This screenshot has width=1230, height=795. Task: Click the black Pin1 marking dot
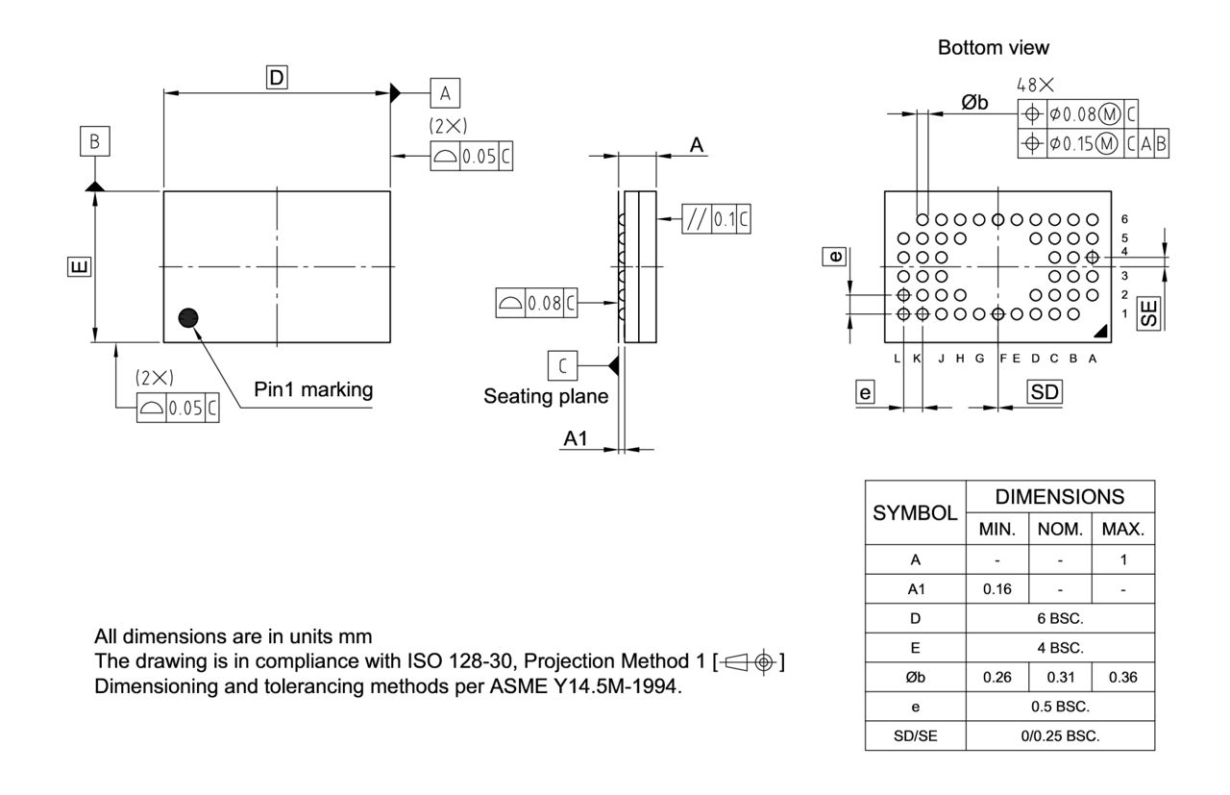[188, 317]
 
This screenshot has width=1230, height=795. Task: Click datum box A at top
[444, 93]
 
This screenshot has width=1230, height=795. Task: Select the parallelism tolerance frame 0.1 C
[716, 220]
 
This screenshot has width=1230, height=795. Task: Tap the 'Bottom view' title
[994, 47]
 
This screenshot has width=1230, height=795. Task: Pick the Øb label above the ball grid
[974, 103]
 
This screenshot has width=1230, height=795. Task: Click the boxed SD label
[1044, 391]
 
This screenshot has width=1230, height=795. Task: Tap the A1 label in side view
[576, 438]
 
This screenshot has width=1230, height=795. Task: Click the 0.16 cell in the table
[996, 588]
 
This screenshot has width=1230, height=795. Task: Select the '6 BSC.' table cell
[1060, 618]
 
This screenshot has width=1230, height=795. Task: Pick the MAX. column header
[1122, 528]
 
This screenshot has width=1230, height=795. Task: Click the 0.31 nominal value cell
[1059, 676]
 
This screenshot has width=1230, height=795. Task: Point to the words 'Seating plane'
[546, 396]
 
